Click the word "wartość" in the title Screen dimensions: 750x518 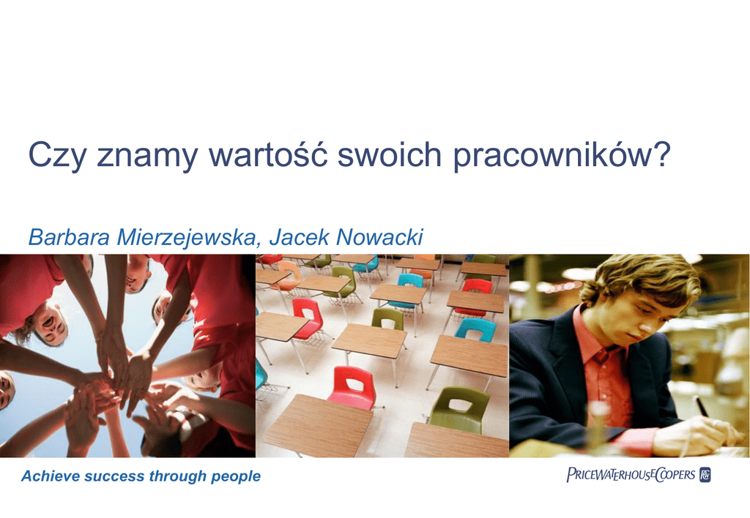coord(268,154)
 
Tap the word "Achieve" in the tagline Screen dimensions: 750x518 coord(51,476)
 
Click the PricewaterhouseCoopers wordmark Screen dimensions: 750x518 coord(631,474)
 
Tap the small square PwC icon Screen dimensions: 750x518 coord(705,475)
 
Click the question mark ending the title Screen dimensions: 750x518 coord(662,154)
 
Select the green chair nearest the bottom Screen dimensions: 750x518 coord(459,410)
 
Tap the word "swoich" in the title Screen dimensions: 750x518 coord(390,154)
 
